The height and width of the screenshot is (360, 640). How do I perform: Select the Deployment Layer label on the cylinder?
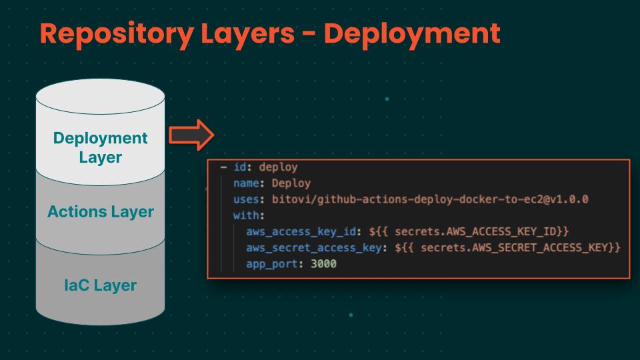(x=101, y=147)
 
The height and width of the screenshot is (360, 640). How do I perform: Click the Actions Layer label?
(x=101, y=212)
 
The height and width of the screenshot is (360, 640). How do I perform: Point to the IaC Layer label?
(x=101, y=285)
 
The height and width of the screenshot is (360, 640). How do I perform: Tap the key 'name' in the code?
(x=246, y=183)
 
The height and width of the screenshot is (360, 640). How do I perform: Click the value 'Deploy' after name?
(x=291, y=183)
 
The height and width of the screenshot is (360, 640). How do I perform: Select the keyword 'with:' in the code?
(x=249, y=215)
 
